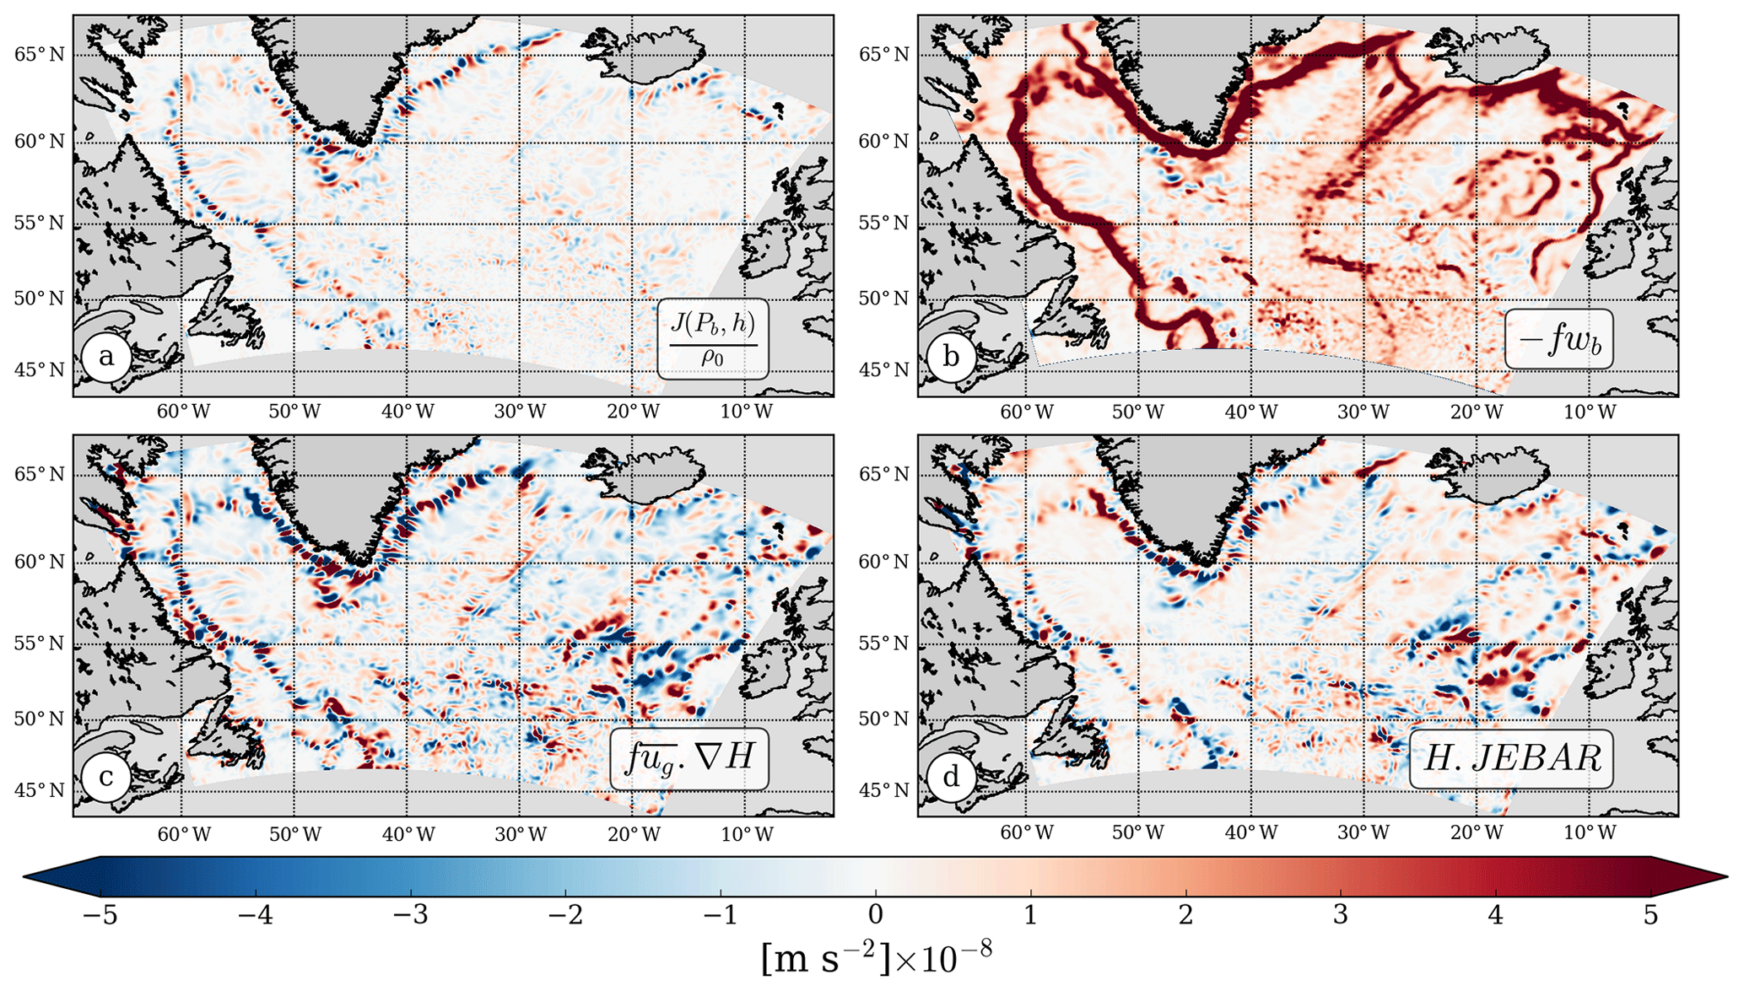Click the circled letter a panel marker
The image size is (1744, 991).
point(106,357)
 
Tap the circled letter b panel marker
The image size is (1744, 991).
point(951,357)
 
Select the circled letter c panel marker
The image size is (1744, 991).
point(106,776)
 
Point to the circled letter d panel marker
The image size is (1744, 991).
point(951,776)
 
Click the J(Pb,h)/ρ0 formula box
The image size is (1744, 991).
point(713,338)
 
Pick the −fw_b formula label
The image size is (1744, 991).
point(1559,339)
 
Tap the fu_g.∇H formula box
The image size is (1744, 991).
point(689,758)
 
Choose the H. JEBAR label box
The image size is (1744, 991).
point(1511,758)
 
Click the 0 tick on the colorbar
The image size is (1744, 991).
point(875,915)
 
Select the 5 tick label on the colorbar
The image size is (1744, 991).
point(1650,915)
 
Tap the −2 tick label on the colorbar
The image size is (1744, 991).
point(565,915)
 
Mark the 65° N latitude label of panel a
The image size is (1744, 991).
point(40,55)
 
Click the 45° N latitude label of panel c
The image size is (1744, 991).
point(40,790)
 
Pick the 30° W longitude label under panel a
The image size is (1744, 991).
point(521,412)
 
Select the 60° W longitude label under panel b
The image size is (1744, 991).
point(1027,412)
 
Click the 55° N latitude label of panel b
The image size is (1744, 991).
point(884,224)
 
